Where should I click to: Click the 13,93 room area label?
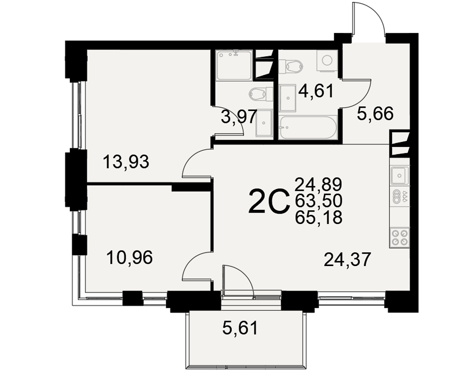pos(126,162)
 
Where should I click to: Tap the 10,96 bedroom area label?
pos(130,258)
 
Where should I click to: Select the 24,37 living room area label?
pos(347,259)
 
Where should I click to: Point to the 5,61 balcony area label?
pos(240,328)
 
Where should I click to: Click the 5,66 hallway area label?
pos(375,114)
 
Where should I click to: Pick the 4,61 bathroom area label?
pos(316,91)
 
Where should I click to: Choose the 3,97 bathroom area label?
pos(239,117)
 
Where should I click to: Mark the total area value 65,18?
pos(319,217)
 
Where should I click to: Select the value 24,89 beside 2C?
pos(319,184)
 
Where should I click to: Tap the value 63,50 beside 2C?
pos(319,201)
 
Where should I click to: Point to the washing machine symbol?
pos(327,60)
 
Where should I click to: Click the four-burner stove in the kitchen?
pos(400,238)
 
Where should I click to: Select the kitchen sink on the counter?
pos(400,176)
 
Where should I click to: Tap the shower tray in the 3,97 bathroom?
pos(234,65)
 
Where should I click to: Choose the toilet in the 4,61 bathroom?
pos(291,66)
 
